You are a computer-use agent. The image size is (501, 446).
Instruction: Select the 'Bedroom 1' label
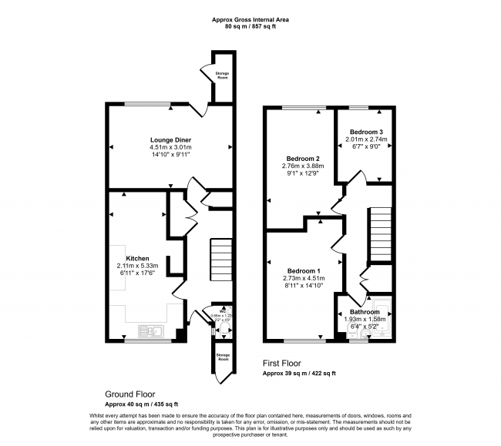[304, 271]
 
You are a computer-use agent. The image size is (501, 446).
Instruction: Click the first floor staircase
[382, 235]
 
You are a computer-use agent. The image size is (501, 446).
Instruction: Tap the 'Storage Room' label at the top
[222, 75]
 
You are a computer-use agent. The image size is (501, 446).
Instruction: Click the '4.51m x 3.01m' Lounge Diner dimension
[170, 147]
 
